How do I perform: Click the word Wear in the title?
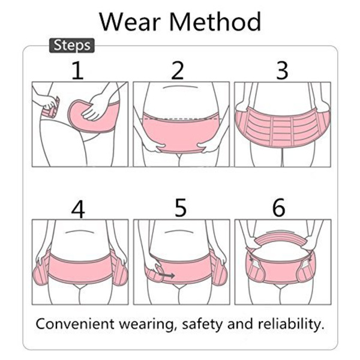coord(130,22)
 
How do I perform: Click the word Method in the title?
coord(215,22)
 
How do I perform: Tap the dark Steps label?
coord(72,46)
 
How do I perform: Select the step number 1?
coord(77,70)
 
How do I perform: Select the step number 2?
coord(178,70)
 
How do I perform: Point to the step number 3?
coord(282,70)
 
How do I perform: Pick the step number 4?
coord(78,209)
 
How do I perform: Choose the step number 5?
coord(181,208)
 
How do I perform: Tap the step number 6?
coord(279,208)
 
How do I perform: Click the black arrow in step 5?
coord(167,275)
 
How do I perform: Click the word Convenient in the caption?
coord(75,324)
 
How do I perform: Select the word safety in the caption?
coord(202,324)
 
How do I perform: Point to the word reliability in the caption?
coord(291,324)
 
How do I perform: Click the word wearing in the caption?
coord(146,325)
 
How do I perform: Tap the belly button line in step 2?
coord(181,87)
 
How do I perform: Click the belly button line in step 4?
coord(79,231)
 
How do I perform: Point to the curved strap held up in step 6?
coord(281,238)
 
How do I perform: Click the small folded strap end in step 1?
coord(51,108)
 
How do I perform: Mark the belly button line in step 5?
coord(179,231)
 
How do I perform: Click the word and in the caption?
coord(240,324)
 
